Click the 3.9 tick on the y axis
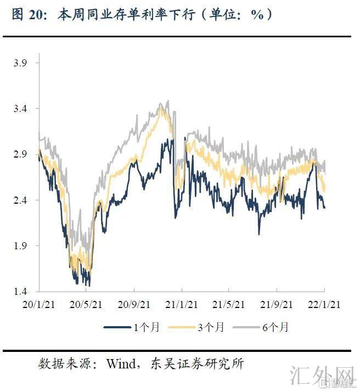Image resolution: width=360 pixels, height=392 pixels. pos(20,63)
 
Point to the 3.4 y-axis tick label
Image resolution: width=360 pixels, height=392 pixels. pos(20,109)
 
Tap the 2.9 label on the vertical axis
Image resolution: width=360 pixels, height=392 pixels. pos(20,154)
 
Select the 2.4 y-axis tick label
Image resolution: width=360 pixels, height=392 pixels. pos(20,200)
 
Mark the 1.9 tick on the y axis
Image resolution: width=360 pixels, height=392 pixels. pos(20,245)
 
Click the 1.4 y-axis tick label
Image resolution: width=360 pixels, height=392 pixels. pos(20,291)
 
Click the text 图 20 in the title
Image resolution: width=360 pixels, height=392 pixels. pos(26,15)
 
